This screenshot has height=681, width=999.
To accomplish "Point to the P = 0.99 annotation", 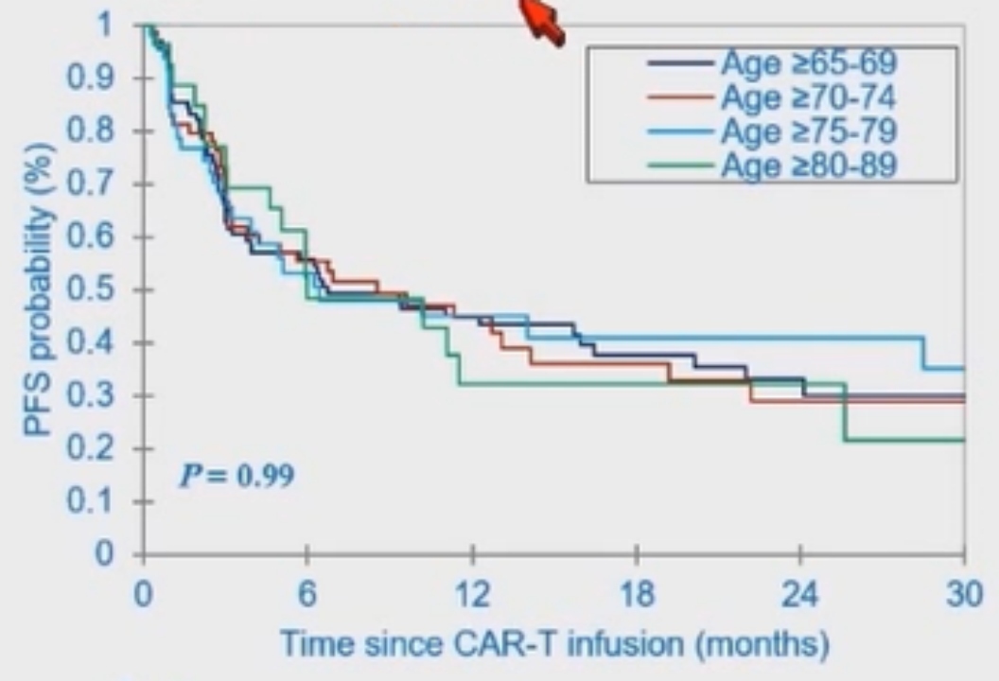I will point(237,476).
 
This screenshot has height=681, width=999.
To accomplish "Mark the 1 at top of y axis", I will point(113,26).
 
